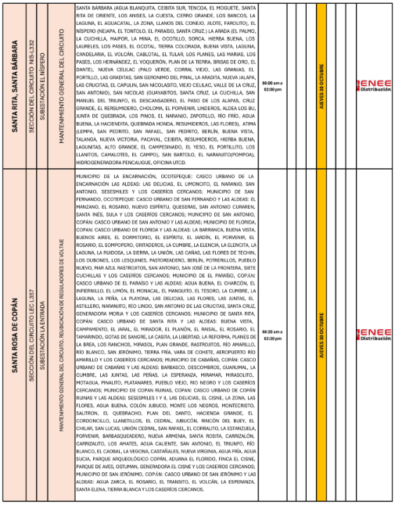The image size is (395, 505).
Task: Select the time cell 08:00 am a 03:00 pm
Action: (x=271, y=84)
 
